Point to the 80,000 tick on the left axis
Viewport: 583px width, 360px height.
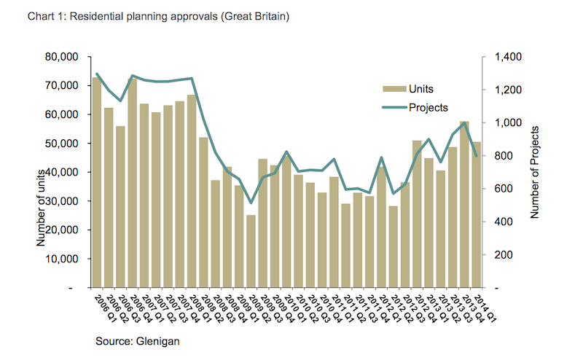point(63,57)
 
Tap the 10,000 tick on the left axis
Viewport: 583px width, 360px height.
point(63,259)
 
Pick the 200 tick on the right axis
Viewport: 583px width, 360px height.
point(503,255)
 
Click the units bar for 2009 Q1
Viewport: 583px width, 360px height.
point(251,251)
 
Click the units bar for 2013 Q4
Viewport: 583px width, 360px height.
point(464,205)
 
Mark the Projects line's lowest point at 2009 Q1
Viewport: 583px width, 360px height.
point(251,203)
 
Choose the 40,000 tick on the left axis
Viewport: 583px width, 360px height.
point(63,173)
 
